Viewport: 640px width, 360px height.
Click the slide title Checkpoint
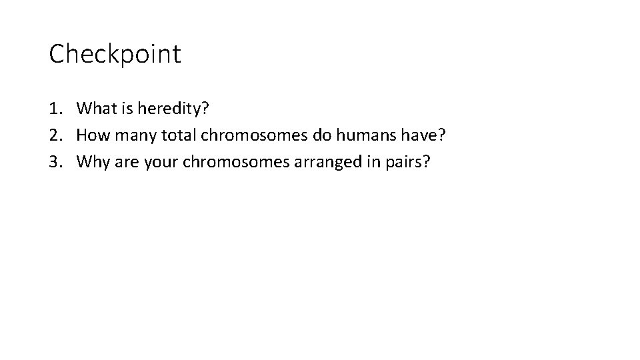click(x=115, y=54)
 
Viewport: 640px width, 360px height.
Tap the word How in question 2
click(x=92, y=135)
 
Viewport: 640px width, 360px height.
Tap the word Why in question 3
click(x=92, y=163)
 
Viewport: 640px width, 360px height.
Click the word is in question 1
click(x=124, y=107)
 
